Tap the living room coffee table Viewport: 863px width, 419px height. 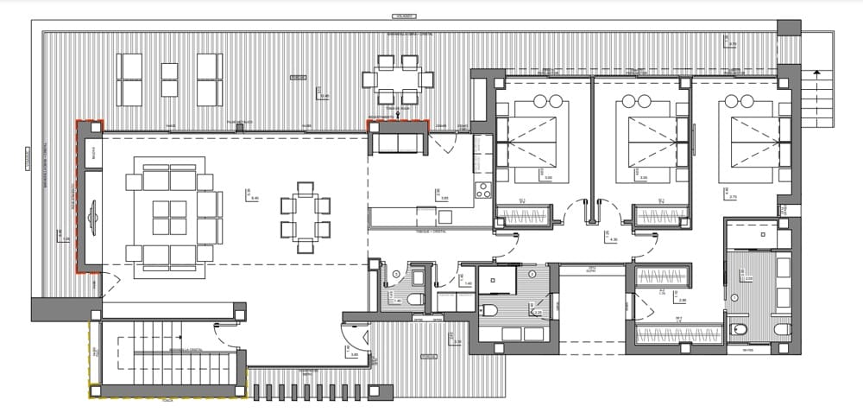pyautogui.click(x=169, y=218)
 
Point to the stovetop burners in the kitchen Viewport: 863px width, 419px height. pyautogui.click(x=483, y=189)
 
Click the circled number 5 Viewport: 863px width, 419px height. pyautogui.click(x=396, y=275)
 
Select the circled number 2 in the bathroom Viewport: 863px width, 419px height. pyautogui.click(x=533, y=274)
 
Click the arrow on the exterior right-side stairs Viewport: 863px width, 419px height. pyautogui.click(x=814, y=73)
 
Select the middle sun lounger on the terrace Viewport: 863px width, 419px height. pyautogui.click(x=169, y=79)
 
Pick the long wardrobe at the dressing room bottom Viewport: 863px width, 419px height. pyautogui.click(x=678, y=335)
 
